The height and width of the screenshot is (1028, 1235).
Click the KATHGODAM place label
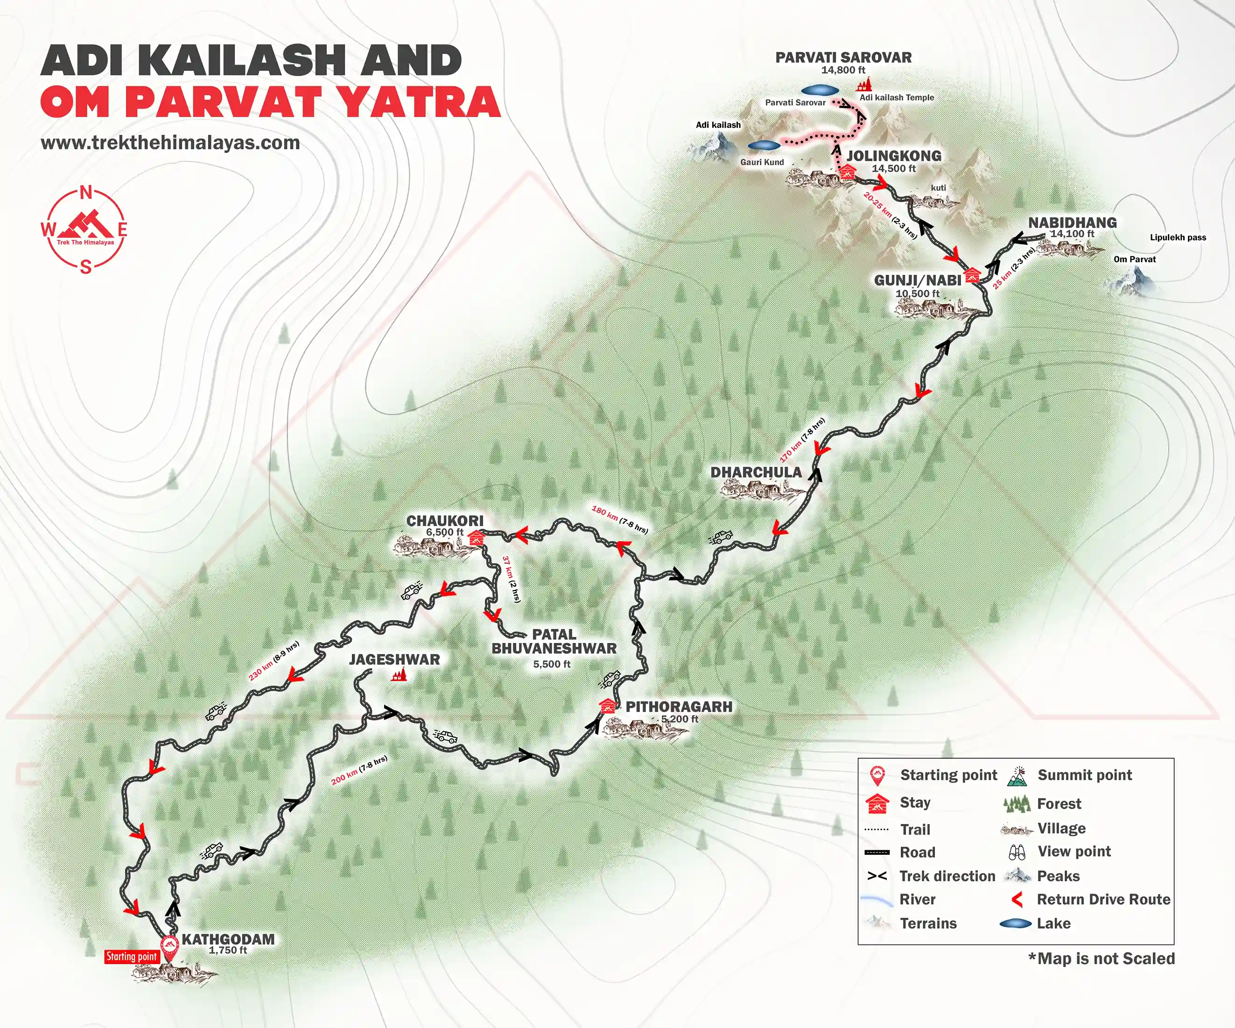coord(228,939)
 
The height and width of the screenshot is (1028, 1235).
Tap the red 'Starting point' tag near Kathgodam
coord(132,956)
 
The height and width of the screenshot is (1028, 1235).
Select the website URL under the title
coord(170,143)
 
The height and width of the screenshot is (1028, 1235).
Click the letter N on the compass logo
coord(86,192)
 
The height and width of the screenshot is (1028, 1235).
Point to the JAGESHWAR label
coord(394,659)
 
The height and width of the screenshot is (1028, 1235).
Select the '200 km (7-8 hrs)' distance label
coord(359,770)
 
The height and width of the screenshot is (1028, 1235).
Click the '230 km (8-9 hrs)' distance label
coord(274,661)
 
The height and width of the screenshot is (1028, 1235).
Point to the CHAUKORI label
coord(445,520)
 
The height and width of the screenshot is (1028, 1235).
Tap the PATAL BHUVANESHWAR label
coord(554,642)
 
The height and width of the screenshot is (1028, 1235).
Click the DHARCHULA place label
coord(756,472)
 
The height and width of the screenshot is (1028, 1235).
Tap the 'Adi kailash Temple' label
coord(896,98)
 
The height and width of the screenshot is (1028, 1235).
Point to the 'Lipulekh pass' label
coord(1178,238)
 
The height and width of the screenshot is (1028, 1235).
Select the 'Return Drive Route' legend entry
coord(1102,899)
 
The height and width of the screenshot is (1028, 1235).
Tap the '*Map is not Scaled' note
coord(1101,958)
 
